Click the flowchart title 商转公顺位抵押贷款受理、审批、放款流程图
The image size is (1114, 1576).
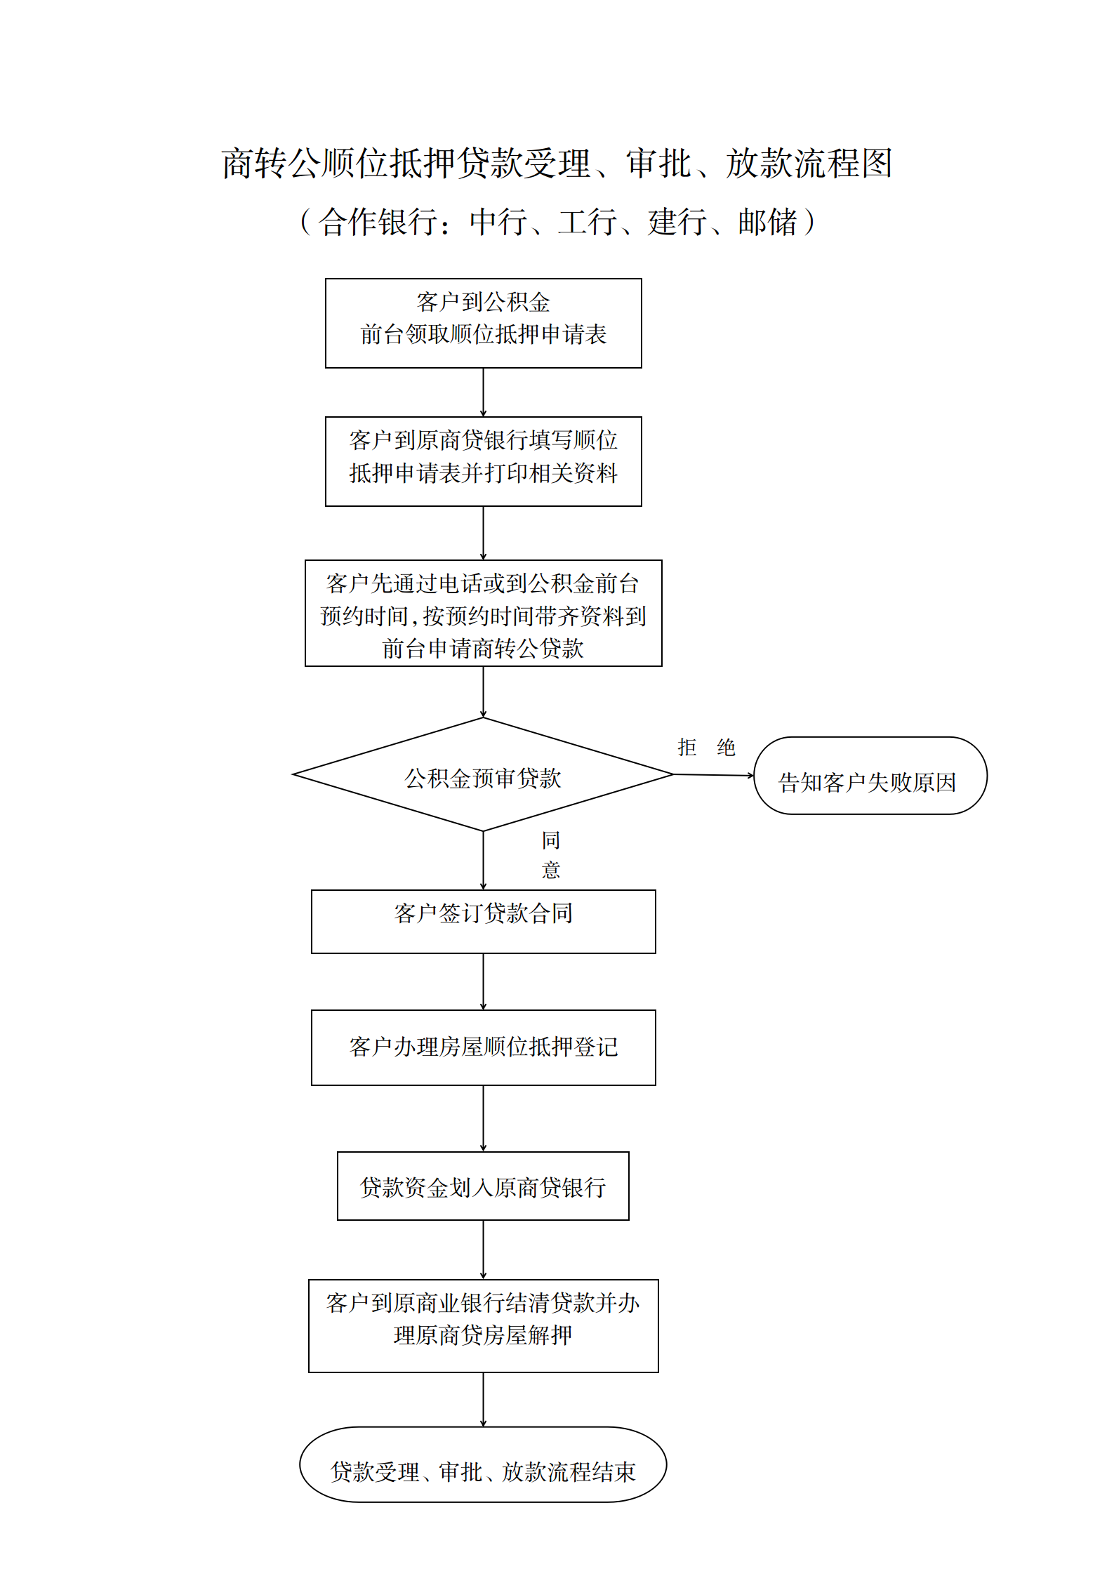(557, 163)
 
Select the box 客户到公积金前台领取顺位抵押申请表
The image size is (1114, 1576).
(483, 323)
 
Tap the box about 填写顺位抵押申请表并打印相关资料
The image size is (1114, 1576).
(483, 461)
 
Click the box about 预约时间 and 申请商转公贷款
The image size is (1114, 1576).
(483, 613)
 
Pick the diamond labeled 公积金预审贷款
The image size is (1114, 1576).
(483, 774)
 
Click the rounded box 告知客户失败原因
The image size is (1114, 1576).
(870, 775)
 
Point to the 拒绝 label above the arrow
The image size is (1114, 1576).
(706, 747)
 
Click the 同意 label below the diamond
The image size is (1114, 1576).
(551, 854)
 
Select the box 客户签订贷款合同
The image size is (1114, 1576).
(483, 921)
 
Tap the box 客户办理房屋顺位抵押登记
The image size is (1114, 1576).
(483, 1047)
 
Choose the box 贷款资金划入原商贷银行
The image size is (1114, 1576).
(483, 1186)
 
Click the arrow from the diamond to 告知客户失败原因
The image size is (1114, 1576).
(714, 775)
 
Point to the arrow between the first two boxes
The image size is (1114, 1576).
(483, 392)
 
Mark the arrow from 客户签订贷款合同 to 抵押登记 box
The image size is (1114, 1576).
(483, 981)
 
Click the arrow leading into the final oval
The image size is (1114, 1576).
(483, 1400)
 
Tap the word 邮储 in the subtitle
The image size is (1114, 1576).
(768, 222)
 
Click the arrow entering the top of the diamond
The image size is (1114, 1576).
(483, 692)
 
